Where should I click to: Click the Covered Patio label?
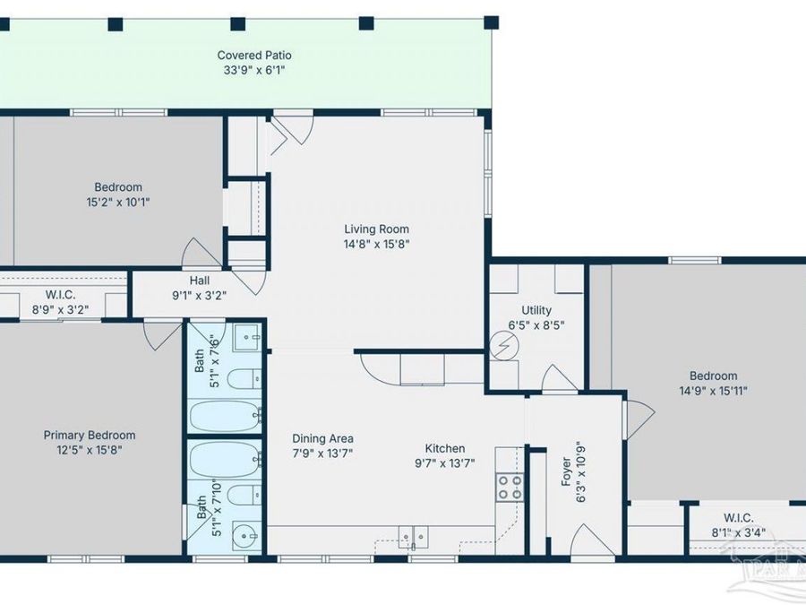click(254, 55)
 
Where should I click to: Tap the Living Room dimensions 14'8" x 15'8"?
click(376, 244)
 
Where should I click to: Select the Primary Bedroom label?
click(90, 436)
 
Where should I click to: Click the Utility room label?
click(536, 310)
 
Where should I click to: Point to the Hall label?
click(200, 281)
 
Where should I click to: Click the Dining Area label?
click(322, 438)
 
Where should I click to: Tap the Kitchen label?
click(445, 448)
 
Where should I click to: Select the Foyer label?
click(567, 471)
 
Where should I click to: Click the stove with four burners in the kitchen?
click(510, 488)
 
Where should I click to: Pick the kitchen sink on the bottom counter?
click(413, 537)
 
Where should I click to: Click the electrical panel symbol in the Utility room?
click(502, 346)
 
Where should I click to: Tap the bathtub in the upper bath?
click(226, 416)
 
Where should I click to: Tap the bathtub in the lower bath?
click(226, 460)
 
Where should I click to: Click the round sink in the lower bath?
click(245, 536)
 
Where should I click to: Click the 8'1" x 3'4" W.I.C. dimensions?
click(738, 532)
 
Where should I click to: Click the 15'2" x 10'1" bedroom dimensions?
click(118, 202)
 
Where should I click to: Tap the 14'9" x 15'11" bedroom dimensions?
click(714, 391)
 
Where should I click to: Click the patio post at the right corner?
click(492, 22)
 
